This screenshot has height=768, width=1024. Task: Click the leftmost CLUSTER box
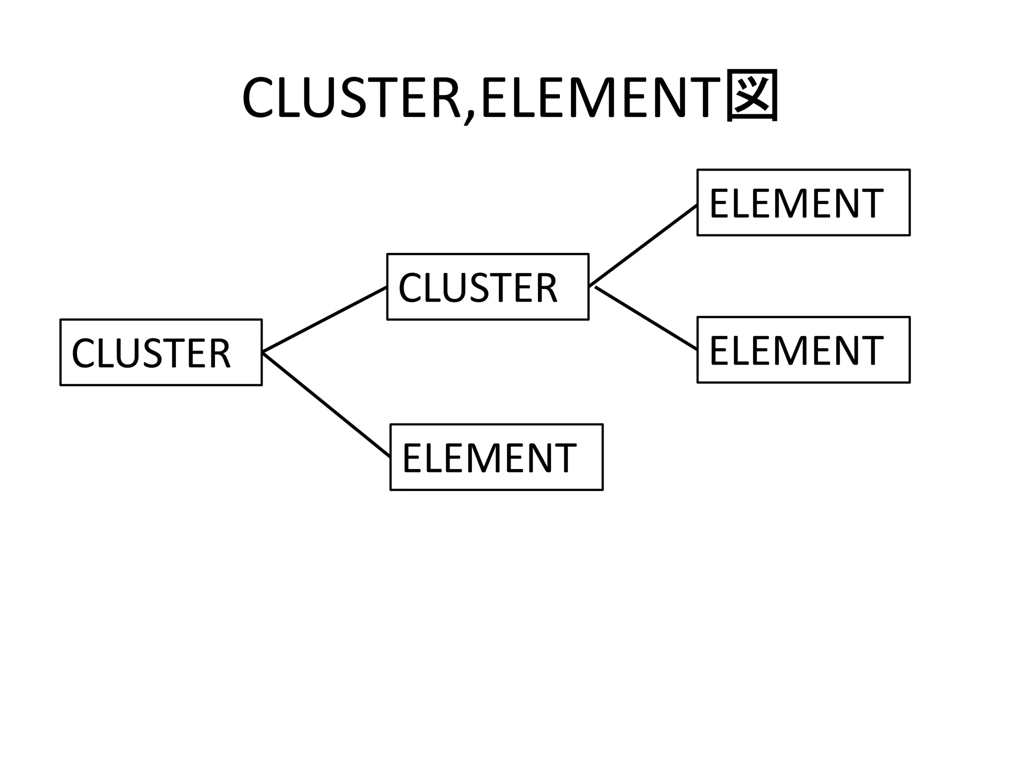tap(161, 352)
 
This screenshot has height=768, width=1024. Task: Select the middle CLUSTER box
tap(487, 287)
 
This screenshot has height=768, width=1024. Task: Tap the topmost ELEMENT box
tap(803, 202)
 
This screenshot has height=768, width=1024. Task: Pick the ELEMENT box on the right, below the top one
tap(803, 350)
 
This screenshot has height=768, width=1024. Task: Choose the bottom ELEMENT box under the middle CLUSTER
tap(496, 457)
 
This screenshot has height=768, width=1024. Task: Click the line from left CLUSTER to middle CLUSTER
tap(325, 319)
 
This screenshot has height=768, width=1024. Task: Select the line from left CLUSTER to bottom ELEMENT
tap(326, 405)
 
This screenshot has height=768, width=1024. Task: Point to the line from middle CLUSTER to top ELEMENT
tap(643, 245)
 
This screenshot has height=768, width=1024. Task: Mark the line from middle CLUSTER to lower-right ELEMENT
tap(646, 318)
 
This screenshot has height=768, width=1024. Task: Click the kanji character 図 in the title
tap(751, 95)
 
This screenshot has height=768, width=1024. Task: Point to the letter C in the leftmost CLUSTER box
tap(83, 353)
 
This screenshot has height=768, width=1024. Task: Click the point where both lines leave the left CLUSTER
tap(263, 352)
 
